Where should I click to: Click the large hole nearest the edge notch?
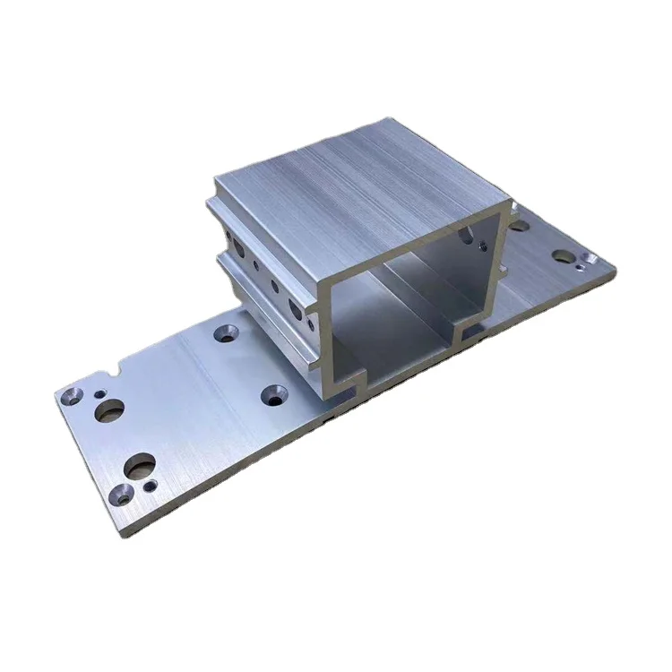[111, 409]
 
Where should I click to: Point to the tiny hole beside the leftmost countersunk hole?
[99, 392]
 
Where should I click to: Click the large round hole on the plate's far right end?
[563, 254]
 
